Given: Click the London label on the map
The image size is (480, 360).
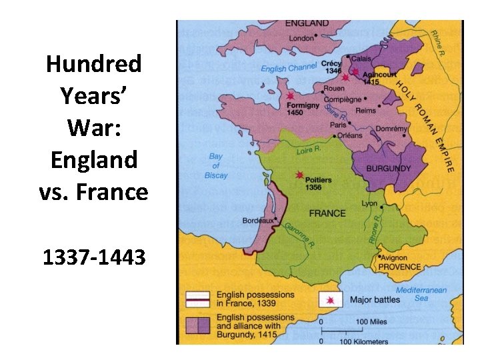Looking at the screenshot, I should pyautogui.click(x=301, y=38).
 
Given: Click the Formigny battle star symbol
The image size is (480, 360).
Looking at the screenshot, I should pyautogui.click(x=290, y=97).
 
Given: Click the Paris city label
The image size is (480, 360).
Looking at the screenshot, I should pyautogui.click(x=339, y=124).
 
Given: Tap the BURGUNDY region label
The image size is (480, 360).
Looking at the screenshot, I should pyautogui.click(x=389, y=169).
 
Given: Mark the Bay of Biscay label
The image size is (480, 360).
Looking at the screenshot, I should pyautogui.click(x=216, y=166).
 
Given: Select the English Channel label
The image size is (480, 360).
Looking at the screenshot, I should pyautogui.click(x=289, y=68).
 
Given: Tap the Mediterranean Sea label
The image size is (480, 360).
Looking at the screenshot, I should pyautogui.click(x=421, y=294).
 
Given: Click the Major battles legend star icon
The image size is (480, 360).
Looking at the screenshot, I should pyautogui.click(x=330, y=300).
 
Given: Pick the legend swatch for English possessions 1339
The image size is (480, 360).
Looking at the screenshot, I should pyautogui.click(x=197, y=299).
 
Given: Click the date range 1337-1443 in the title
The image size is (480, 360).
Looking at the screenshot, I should pyautogui.click(x=93, y=257).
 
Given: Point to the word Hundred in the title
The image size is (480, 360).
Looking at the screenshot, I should pyautogui.click(x=93, y=64).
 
